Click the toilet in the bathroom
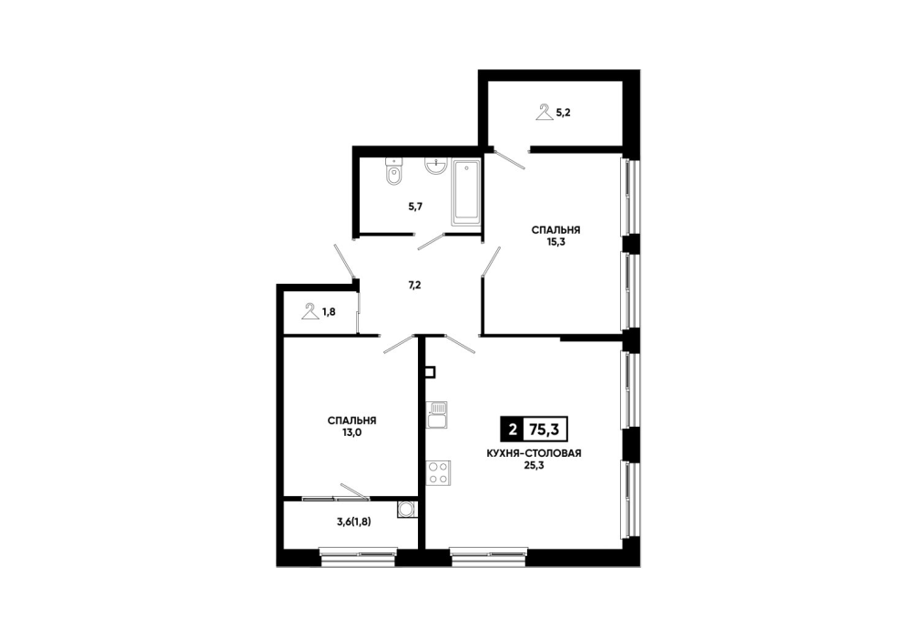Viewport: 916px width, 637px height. pyautogui.click(x=393, y=172)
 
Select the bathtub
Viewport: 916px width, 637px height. pyautogui.click(x=465, y=191)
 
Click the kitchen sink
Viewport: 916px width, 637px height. pyautogui.click(x=437, y=415)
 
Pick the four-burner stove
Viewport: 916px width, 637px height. pyautogui.click(x=438, y=473)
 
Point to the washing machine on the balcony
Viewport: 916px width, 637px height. pyautogui.click(x=407, y=509)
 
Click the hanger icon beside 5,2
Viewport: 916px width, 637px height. pyautogui.click(x=545, y=112)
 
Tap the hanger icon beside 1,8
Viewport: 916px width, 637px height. pyautogui.click(x=310, y=311)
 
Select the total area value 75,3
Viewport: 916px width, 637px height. pyautogui.click(x=544, y=430)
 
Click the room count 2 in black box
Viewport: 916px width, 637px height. pyautogui.click(x=513, y=430)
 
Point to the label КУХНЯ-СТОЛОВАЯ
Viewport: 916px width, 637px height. pyautogui.click(x=534, y=453)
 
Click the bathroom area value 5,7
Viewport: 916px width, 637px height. pyautogui.click(x=415, y=206)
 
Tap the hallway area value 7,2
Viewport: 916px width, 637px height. pyautogui.click(x=414, y=286)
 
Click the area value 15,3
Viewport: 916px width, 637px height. pyautogui.click(x=555, y=242)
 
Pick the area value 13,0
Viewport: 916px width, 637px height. pyautogui.click(x=351, y=432)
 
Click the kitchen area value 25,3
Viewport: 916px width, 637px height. pyautogui.click(x=534, y=465)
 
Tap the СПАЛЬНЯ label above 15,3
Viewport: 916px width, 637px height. pyautogui.click(x=555, y=230)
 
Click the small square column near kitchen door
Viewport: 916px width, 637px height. pyautogui.click(x=431, y=372)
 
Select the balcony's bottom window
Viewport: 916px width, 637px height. pyautogui.click(x=359, y=557)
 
